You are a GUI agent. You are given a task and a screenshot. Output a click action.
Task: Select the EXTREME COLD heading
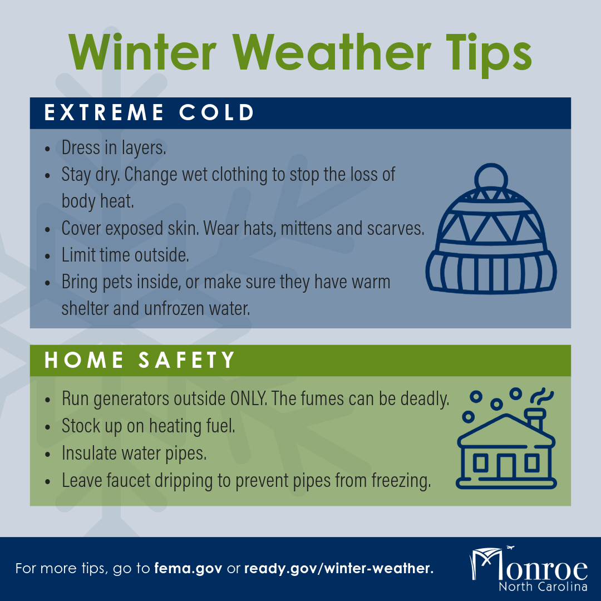pyautogui.click(x=149, y=113)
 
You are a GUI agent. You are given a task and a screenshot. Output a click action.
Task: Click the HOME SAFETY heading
pyautogui.click(x=140, y=360)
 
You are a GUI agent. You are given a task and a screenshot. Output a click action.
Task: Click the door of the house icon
pyautogui.click(x=506, y=466)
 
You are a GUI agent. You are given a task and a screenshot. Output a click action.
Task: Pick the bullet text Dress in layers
pyautogui.click(x=114, y=148)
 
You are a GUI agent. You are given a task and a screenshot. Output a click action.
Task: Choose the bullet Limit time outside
pyautogui.click(x=125, y=255)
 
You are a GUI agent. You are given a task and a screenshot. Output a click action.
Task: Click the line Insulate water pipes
pyautogui.click(x=134, y=453)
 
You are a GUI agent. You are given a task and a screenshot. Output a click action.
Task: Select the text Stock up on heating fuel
pyautogui.click(x=149, y=426)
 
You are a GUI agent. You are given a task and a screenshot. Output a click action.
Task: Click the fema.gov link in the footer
pyautogui.click(x=188, y=569)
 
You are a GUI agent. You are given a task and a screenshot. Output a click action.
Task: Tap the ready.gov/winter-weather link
pyautogui.click(x=338, y=569)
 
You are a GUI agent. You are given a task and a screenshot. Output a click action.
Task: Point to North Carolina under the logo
pyautogui.click(x=543, y=587)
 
